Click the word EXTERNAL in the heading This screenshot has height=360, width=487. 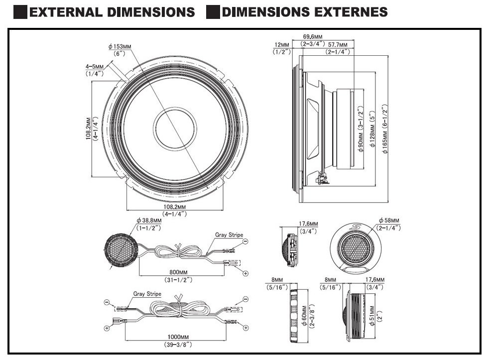[66, 12]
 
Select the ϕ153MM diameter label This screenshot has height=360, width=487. [120, 47]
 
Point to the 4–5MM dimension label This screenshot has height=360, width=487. [95, 66]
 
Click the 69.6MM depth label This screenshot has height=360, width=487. [313, 37]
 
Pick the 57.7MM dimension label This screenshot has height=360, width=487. [338, 45]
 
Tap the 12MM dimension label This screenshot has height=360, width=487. [282, 45]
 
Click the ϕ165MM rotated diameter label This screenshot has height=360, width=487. [385, 142]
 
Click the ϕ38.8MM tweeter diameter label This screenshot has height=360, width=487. [149, 221]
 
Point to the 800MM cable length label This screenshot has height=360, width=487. [178, 272]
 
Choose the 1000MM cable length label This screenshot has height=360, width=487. [178, 337]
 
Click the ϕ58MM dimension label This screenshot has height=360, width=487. [389, 221]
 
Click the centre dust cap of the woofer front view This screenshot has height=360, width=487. [175, 128]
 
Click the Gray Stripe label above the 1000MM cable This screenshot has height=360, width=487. [147, 294]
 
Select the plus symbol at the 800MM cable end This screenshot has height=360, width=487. [245, 273]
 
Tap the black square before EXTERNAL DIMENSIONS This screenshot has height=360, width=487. [20, 12]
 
